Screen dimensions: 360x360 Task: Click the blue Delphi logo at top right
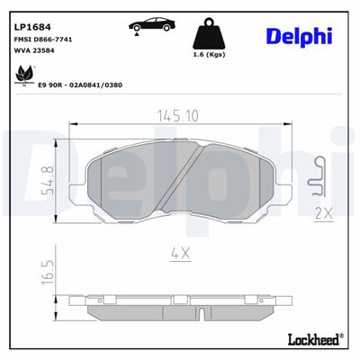click(300, 35)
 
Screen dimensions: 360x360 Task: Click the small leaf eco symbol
click(22, 81)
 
